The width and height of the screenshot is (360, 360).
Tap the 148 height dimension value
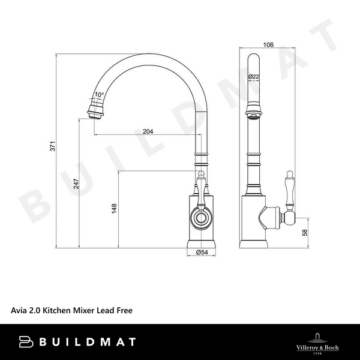coord(114,209)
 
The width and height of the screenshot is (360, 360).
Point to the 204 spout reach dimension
coord(148,132)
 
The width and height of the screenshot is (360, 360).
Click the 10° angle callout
coord(99,95)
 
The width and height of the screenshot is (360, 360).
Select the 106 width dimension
coord(267,43)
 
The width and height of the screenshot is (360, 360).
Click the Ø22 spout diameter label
coord(253,76)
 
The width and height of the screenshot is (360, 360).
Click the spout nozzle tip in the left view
coord(97,112)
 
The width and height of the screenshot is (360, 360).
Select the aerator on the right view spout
coord(254,112)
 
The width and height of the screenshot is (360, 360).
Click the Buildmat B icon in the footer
coord(27,342)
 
